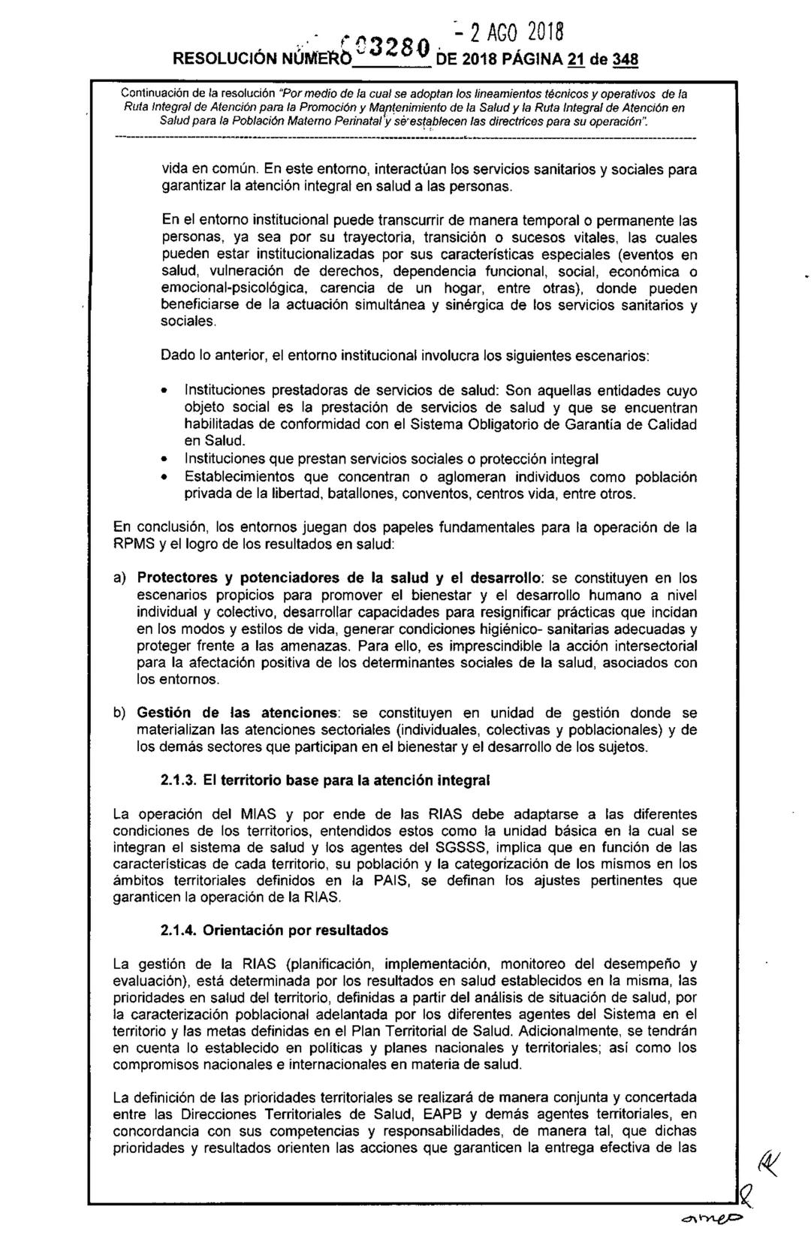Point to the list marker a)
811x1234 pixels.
coord(119,578)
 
